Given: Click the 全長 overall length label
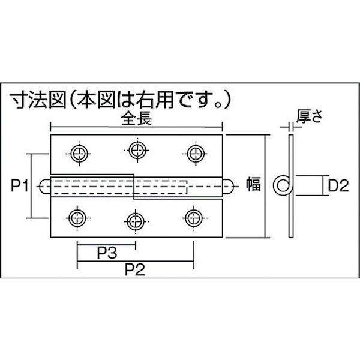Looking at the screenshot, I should (x=138, y=119).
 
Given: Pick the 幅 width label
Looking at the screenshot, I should (x=253, y=185).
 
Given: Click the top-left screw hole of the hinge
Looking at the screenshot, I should (x=78, y=154).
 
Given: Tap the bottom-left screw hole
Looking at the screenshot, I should (x=77, y=217).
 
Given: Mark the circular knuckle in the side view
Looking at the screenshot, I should (x=282, y=185).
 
